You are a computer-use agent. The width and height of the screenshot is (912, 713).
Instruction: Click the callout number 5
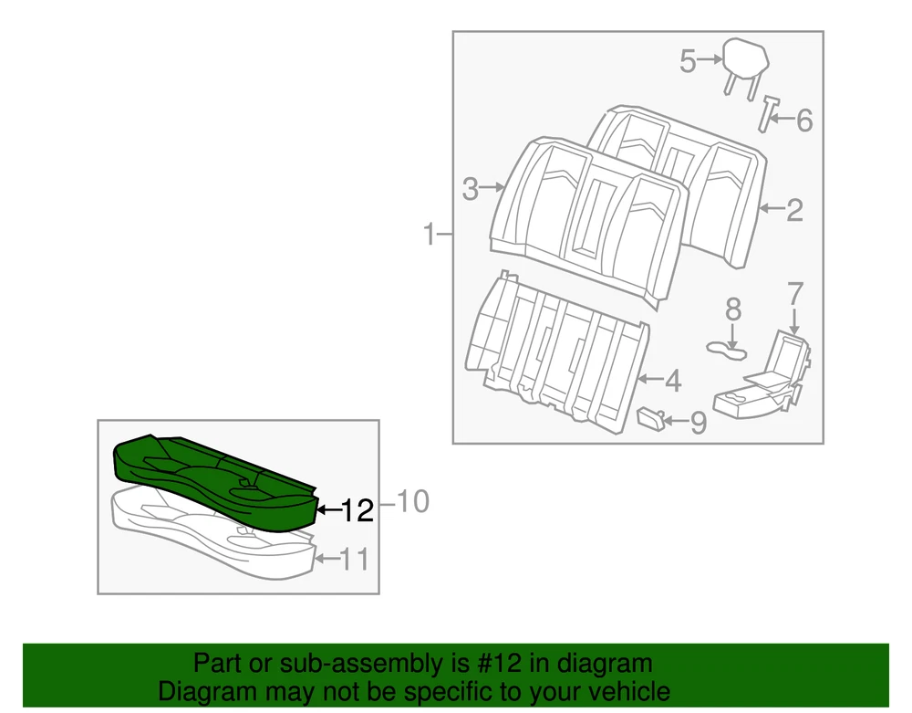tap(688, 62)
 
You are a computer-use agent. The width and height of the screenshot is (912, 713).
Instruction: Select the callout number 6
tap(803, 121)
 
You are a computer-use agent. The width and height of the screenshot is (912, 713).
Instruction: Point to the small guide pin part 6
tap(769, 114)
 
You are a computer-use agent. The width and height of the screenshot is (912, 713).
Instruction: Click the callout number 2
tap(794, 210)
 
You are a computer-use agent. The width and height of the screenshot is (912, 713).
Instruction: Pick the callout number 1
tap(430, 234)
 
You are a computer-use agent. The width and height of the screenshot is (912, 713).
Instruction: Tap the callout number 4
tap(673, 382)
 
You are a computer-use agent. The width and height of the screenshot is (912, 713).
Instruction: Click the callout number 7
tap(794, 294)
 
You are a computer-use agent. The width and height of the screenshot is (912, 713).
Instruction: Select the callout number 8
tap(733, 309)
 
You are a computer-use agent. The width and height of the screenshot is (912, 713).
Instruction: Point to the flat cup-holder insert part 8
tap(727, 351)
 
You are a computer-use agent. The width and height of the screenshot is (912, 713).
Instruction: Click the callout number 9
tap(698, 423)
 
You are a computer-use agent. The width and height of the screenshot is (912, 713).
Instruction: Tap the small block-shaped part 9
tap(651, 418)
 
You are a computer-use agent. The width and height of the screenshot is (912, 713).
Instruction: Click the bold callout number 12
tap(357, 511)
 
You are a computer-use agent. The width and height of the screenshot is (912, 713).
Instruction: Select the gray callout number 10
tap(412, 501)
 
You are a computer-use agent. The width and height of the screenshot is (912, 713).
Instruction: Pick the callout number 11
tap(354, 560)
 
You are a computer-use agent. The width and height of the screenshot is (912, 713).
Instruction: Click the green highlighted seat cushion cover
tap(215, 483)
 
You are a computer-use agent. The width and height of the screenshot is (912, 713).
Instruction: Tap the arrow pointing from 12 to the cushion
tap(328, 510)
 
